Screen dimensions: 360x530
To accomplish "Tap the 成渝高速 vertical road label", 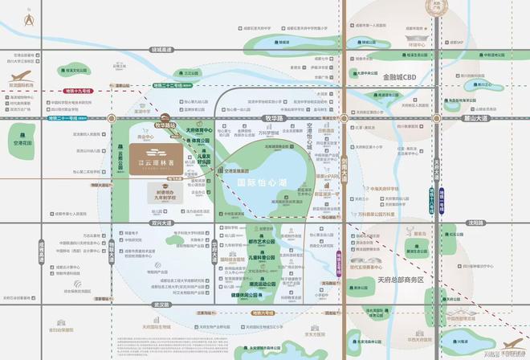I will pos(41,250).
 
